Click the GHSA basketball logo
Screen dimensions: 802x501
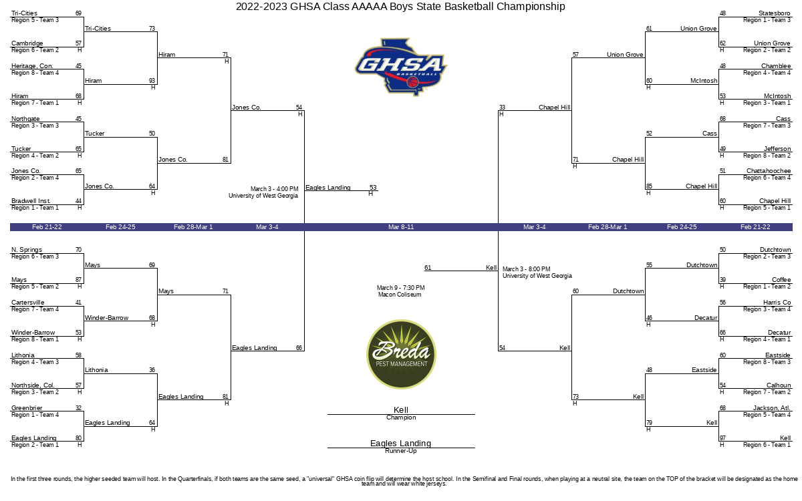tap(400, 67)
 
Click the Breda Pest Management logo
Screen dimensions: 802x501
tap(401, 354)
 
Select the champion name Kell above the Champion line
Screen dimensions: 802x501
tap(400, 409)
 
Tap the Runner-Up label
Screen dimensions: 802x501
tap(400, 451)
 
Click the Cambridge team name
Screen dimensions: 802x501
tap(27, 43)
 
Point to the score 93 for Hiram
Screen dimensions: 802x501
tap(152, 81)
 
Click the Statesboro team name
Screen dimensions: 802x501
tap(774, 13)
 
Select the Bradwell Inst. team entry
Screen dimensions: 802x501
tap(31, 201)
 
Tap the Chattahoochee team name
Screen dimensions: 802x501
tap(769, 171)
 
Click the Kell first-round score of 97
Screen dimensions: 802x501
tap(723, 438)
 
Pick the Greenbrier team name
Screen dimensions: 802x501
tap(27, 408)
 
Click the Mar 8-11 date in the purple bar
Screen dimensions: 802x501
tap(401, 227)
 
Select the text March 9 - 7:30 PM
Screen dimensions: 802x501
tap(400, 288)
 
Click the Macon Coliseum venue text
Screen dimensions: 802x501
tap(400, 295)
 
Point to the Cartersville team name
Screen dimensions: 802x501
tap(28, 303)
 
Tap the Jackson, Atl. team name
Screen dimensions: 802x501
tap(771, 408)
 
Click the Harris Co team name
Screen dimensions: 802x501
tap(777, 303)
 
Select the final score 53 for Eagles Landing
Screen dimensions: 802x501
tap(373, 188)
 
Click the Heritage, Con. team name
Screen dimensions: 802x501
tap(32, 66)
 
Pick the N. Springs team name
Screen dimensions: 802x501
tap(27, 250)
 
